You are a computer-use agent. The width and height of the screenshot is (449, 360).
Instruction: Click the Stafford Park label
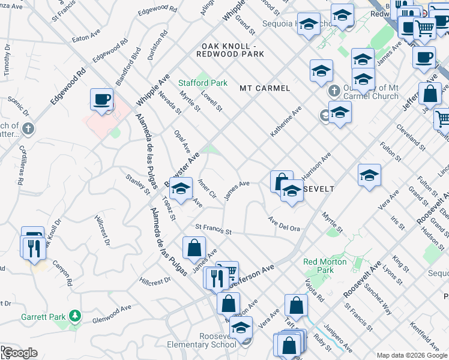coord(203,83)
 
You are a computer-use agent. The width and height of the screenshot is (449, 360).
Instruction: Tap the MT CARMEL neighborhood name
coord(265,88)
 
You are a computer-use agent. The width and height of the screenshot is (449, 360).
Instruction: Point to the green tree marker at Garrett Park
coord(75,315)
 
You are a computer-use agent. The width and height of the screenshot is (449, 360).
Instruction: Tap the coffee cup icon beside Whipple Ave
coord(101,99)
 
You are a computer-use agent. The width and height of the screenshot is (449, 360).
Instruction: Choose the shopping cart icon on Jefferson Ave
coord(227,271)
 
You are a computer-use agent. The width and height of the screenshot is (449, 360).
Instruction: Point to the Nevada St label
coord(170,103)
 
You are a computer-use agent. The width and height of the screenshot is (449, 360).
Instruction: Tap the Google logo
coord(19,353)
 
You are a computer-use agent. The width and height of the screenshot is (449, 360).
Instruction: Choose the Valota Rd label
coord(315,290)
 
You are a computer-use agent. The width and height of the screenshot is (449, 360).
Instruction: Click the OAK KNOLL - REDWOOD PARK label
coord(233,50)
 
